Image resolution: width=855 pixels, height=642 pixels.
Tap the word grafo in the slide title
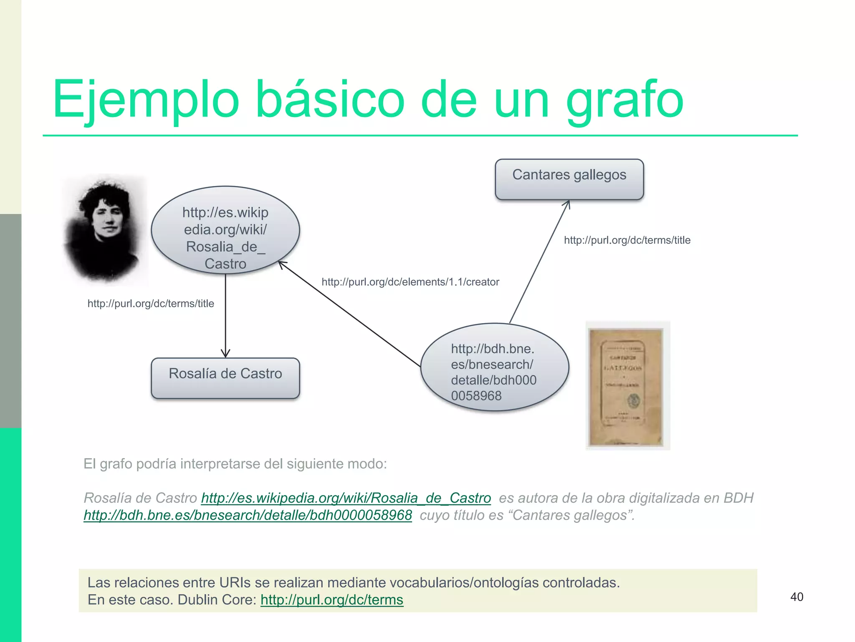point(625,100)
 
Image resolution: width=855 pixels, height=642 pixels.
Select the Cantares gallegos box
point(569,179)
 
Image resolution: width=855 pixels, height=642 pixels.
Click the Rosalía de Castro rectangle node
point(225,378)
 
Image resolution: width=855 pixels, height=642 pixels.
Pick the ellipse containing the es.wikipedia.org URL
point(225,230)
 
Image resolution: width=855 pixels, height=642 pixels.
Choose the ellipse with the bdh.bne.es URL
point(494,367)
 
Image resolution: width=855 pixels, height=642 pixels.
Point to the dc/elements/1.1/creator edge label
point(410,282)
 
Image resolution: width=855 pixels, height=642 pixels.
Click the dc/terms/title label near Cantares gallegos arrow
point(627,240)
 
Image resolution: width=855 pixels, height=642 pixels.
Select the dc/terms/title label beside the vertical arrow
point(151,303)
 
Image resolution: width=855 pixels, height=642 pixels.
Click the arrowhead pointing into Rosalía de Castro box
point(225,354)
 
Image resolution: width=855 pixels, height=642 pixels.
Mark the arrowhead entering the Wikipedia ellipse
point(282,265)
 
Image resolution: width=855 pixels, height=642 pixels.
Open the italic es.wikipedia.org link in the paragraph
point(346,498)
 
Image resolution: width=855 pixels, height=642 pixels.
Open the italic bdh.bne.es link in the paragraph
point(248,515)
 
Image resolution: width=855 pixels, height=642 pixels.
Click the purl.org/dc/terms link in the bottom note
point(331,600)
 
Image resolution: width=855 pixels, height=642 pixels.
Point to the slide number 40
point(797,597)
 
